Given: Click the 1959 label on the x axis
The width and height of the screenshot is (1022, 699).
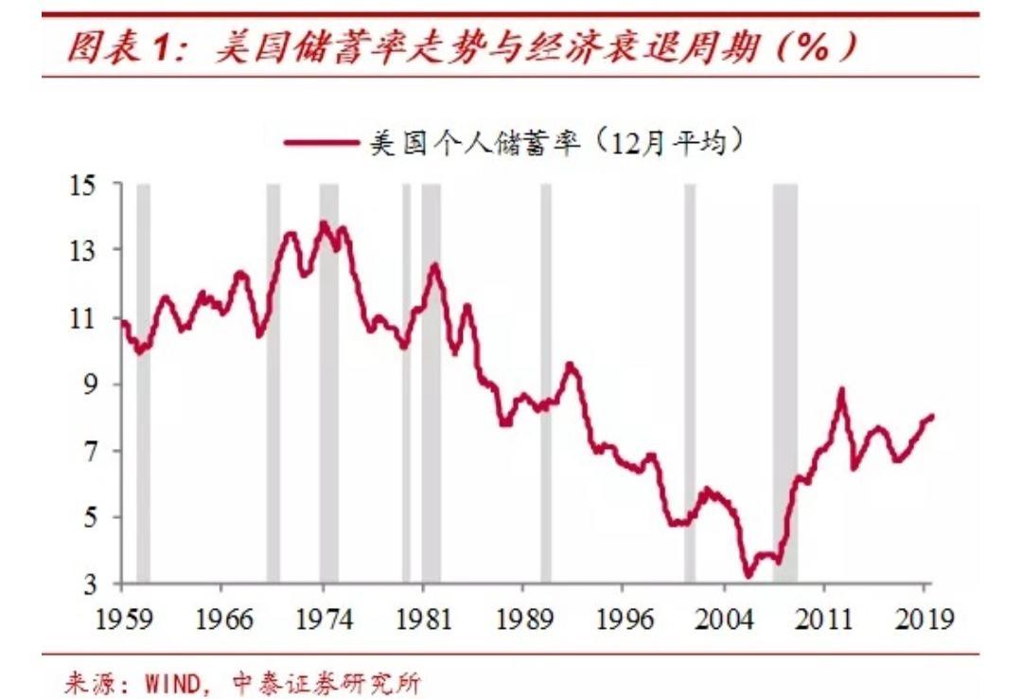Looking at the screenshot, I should pos(120,620).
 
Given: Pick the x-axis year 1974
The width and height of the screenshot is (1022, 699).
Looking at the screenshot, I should pos(324,620).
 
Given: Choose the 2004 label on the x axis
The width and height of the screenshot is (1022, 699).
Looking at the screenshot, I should pos(726,620).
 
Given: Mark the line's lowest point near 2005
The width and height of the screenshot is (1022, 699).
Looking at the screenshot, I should pos(748,575).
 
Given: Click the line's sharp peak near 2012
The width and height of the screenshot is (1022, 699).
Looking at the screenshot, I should pos(841,389).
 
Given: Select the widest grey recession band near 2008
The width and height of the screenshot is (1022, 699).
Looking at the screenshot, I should pos(784,383).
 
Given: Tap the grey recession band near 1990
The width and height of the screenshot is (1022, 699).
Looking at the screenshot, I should pos(545,383).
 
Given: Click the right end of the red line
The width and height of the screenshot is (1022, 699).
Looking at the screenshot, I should pos(932,416).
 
